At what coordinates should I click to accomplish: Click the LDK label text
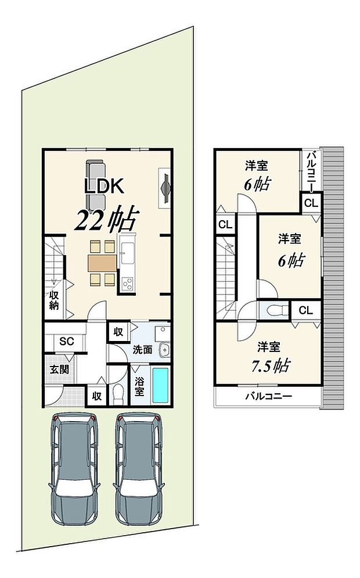[x=103, y=186]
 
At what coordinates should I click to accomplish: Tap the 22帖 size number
[x=105, y=220]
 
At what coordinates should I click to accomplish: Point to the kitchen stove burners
[x=127, y=284]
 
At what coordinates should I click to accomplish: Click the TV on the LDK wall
[x=165, y=188]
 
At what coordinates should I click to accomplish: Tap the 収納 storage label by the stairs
[x=53, y=301]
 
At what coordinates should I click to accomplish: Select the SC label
[x=66, y=342]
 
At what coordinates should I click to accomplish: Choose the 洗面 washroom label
[x=142, y=350]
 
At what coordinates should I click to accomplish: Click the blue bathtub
[x=161, y=384]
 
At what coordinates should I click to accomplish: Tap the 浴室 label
[x=139, y=386]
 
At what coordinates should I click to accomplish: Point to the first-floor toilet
[x=118, y=394]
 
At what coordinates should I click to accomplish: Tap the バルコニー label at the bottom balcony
[x=268, y=397]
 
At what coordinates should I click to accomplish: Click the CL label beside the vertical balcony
[x=311, y=203]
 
